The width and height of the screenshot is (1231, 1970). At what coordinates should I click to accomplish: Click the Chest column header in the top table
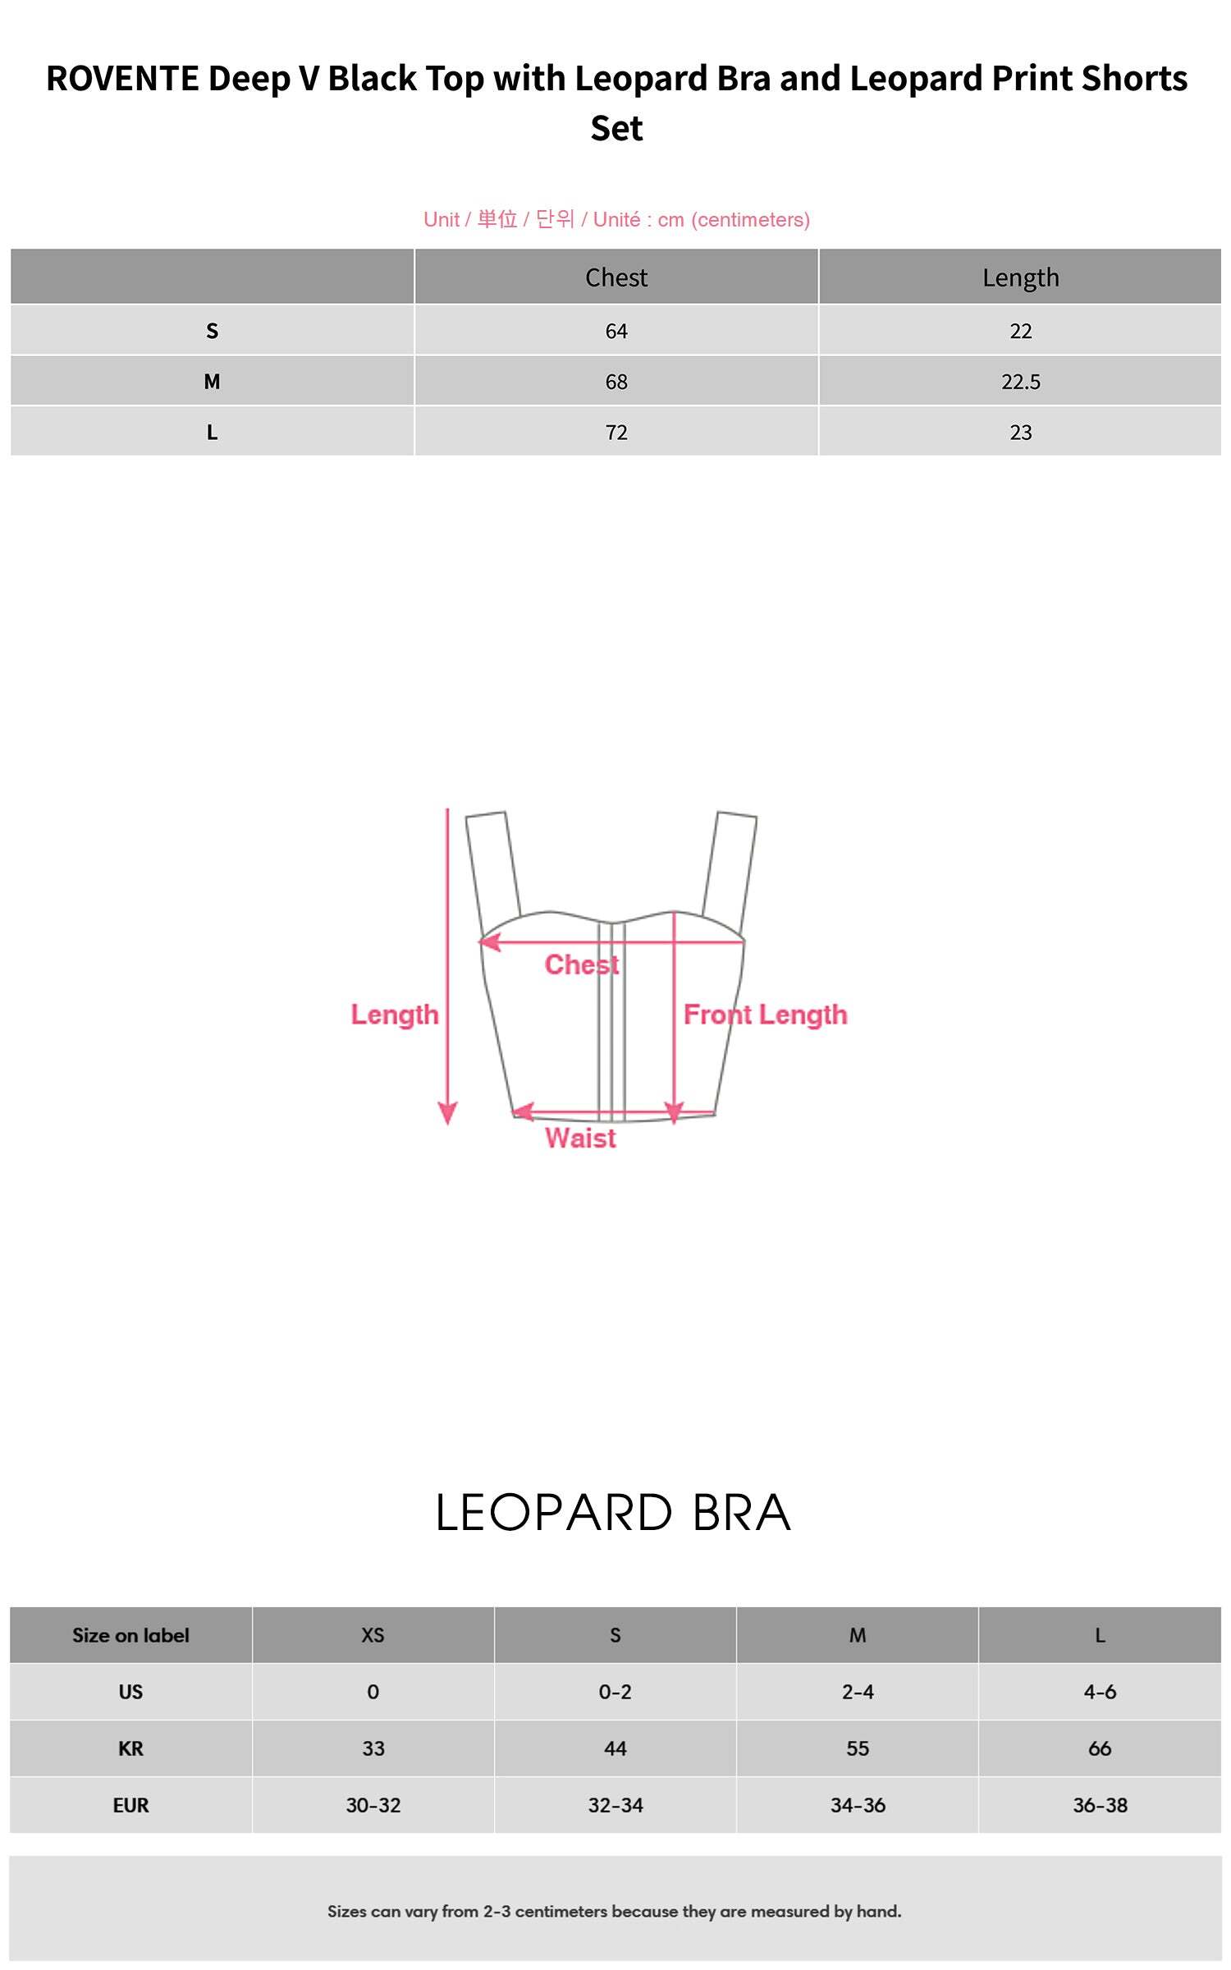616,277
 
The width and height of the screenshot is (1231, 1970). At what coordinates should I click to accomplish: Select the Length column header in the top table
1020,278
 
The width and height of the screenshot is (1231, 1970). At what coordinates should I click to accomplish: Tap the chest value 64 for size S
616,331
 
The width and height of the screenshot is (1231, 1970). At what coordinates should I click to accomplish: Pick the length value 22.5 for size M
1020,382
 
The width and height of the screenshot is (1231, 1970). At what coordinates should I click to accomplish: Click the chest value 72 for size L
616,433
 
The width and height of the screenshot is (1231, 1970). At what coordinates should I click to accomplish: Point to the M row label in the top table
212,382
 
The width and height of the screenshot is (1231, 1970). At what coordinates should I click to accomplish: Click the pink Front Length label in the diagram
765,1015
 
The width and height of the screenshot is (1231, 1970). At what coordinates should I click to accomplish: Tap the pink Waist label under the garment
580,1138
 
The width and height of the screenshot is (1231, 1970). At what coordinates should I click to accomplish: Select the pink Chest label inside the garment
582,964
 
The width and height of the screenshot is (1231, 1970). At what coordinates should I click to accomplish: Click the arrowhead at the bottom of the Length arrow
447,1114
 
